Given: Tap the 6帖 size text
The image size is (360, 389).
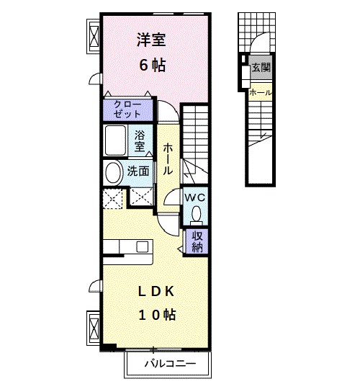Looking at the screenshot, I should click(152, 65).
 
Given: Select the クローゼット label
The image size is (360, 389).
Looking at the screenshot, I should click(127, 109).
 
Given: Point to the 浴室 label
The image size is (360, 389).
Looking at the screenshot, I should click(140, 139).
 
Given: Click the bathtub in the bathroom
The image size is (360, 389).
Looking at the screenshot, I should click(115, 141).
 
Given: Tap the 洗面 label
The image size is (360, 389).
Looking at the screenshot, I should click(138, 171).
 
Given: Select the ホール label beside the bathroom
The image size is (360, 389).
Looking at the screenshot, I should click(168, 159).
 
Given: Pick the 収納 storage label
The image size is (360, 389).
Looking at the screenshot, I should click(197, 241).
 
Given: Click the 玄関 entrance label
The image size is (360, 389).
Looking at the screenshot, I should click(261, 69).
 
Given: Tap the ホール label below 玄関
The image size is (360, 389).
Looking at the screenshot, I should click(260, 92).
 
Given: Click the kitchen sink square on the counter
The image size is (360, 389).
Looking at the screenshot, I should click(142, 246).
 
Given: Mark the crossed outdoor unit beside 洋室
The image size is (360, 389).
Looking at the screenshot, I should click(94, 36).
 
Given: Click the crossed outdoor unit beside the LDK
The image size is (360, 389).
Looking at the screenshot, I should click(94, 328).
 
